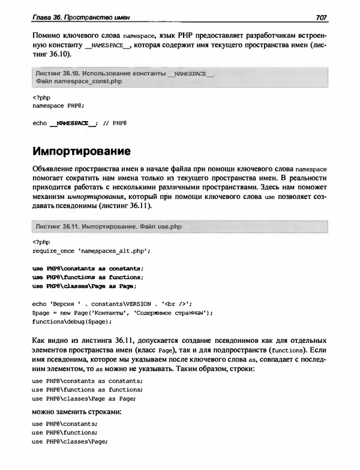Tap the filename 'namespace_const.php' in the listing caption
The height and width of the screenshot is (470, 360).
(x=88, y=81)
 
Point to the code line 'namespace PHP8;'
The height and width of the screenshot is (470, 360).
(x=58, y=104)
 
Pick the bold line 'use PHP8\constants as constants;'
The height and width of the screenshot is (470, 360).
(x=88, y=268)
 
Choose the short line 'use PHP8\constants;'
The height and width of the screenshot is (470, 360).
(x=64, y=423)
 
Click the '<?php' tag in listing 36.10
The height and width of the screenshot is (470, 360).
(x=40, y=96)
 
